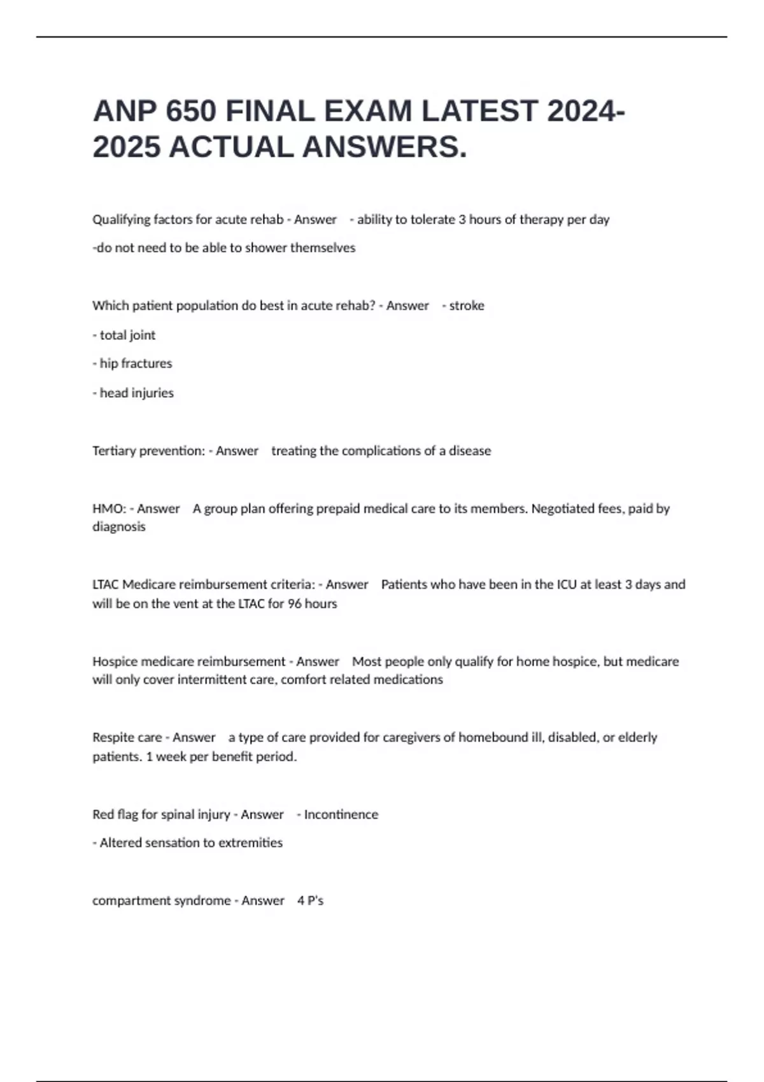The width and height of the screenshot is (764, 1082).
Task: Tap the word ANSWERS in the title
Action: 384,147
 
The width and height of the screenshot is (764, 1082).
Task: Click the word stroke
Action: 467,306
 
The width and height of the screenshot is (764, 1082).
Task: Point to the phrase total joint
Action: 127,335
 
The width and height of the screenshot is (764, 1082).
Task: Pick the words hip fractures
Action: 136,363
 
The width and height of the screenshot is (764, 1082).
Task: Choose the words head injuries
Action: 136,393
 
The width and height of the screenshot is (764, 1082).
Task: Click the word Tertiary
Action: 114,451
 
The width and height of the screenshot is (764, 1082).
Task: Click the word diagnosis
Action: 119,527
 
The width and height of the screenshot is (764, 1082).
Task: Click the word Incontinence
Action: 341,815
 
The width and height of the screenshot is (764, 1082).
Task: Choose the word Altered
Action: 121,843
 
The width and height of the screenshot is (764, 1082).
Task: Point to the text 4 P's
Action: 310,901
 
